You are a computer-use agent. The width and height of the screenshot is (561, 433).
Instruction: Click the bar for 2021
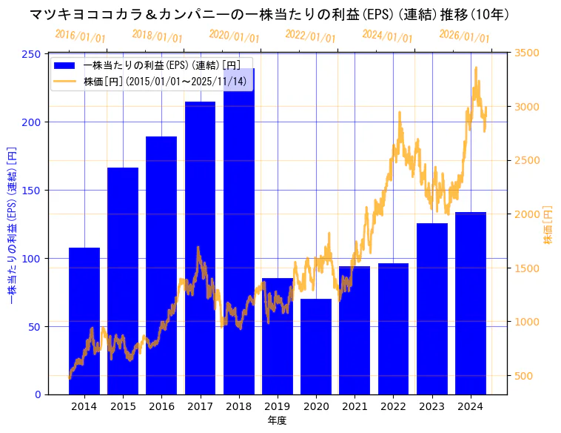355,330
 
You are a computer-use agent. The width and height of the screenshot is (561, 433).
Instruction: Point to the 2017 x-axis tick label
200,406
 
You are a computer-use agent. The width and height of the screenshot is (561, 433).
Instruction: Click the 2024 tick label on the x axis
471,406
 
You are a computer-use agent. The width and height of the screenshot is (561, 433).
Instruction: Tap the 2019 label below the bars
277,406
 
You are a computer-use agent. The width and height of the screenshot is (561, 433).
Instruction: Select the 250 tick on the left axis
32,54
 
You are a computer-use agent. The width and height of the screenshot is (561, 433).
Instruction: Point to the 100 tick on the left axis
32,258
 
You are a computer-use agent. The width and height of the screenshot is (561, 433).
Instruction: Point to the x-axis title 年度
277,420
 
